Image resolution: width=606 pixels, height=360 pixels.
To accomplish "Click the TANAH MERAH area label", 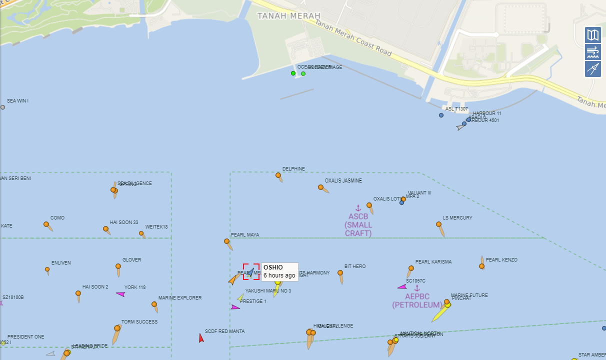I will point(288,16).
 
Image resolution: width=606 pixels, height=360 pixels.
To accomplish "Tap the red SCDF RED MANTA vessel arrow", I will point(201,338).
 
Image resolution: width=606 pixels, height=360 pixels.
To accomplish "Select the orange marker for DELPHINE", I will point(278,175).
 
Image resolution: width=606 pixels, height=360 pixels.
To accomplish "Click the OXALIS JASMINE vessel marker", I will point(321,187).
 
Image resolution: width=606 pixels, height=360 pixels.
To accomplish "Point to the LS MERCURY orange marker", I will point(439,224).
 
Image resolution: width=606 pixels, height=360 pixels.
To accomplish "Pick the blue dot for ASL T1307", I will point(441,115).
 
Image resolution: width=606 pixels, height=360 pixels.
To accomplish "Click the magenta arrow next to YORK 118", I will point(120,294).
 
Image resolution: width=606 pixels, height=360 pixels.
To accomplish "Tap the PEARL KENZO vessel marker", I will point(481,266).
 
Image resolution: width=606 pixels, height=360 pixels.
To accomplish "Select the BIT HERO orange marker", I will point(340,273).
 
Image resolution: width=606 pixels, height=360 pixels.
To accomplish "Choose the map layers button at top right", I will point(593,35).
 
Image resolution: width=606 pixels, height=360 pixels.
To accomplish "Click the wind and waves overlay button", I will point(593,51).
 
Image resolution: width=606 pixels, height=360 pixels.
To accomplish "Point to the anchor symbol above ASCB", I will point(358,208).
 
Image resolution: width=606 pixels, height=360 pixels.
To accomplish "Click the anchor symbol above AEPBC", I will point(417,288).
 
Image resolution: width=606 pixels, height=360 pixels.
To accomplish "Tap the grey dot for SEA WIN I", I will point(2,107).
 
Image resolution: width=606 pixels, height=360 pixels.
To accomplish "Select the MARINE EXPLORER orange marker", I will point(154,304).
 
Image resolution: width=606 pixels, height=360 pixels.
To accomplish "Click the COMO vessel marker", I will point(46,224).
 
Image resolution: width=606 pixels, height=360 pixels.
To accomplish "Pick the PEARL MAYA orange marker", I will point(227,241).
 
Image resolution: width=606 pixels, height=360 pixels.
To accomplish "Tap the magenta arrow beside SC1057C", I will point(402,287).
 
